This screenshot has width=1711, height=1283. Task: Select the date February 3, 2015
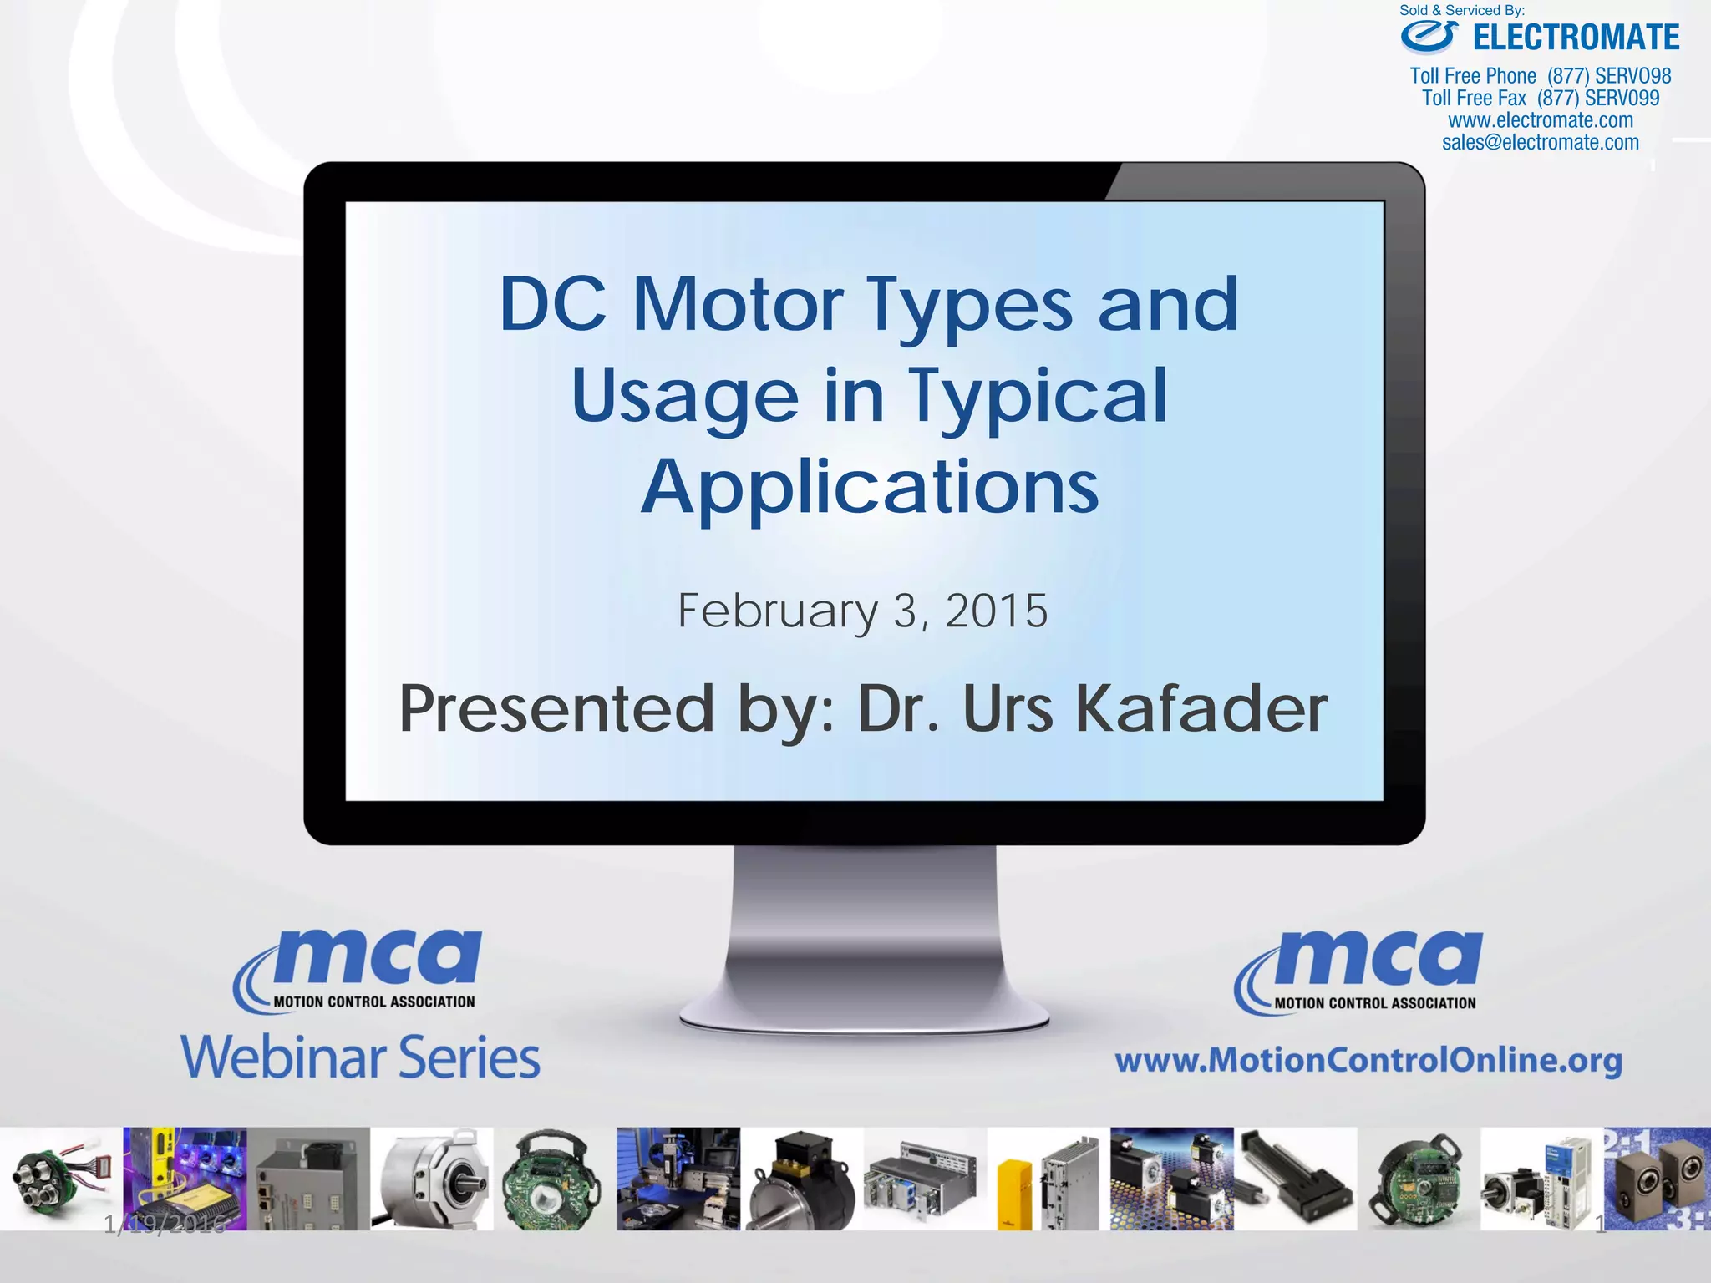tap(861, 611)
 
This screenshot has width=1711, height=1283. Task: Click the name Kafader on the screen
tap(1201, 709)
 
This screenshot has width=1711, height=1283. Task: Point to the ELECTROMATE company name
tap(1576, 38)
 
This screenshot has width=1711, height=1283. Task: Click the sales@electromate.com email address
tap(1540, 143)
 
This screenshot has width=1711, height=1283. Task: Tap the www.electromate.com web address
tap(1540, 120)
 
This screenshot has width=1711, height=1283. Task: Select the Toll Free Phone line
tap(1540, 76)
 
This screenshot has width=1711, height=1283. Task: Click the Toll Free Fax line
tap(1540, 99)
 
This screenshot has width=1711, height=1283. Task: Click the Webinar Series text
tap(360, 1057)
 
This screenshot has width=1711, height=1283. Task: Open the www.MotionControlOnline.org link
tap(1368, 1060)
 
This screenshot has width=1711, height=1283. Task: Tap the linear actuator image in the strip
tap(1295, 1179)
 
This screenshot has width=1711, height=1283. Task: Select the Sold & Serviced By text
tap(1462, 11)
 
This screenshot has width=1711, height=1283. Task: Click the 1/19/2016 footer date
tap(165, 1225)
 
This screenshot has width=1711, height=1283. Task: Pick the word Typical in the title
tap(1038, 396)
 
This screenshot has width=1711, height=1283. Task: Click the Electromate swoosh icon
tap(1429, 37)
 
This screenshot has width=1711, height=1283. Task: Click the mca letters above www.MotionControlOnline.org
tap(1378, 959)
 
